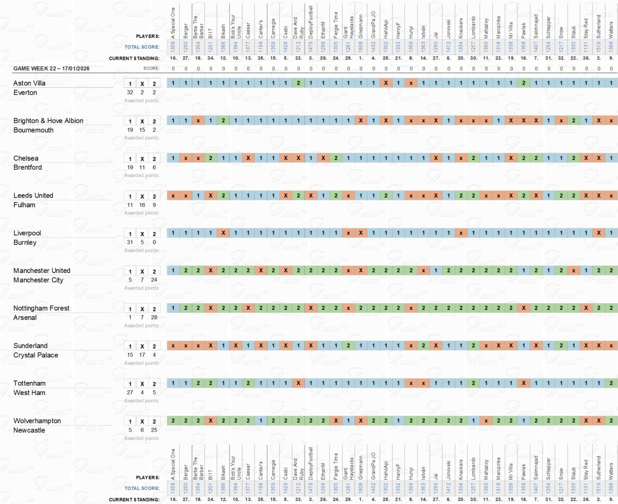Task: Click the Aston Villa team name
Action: [29, 83]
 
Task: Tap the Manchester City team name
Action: [38, 280]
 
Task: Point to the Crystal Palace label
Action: [35, 355]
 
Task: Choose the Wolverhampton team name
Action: [37, 421]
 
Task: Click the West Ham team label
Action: [29, 393]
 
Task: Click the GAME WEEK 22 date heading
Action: [51, 69]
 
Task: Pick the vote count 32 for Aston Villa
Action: [130, 92]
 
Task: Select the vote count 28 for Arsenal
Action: [154, 317]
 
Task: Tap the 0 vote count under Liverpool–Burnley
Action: [154, 242]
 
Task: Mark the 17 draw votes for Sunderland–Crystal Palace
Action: [142, 355]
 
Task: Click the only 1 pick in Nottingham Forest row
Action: [173, 308]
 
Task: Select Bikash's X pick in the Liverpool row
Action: [223, 233]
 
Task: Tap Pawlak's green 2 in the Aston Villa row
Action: [523, 83]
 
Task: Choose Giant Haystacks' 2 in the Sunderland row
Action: [348, 345]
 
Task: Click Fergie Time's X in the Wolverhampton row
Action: [336, 421]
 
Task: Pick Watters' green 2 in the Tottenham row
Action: [611, 383]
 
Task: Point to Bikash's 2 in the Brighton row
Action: [223, 121]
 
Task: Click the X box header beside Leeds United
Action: [142, 196]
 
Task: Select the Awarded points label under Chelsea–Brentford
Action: [141, 175]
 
